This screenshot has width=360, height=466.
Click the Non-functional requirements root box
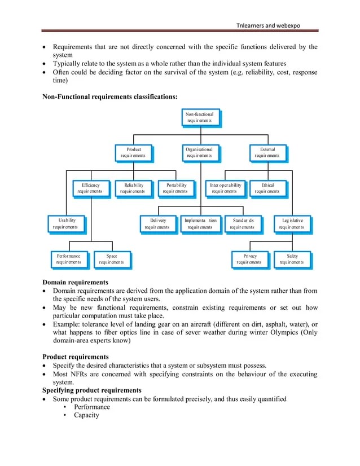[x=200, y=117]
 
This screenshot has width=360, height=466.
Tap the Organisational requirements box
[x=200, y=152]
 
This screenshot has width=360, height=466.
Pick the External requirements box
[x=267, y=152]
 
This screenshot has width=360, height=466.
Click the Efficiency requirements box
[x=90, y=188]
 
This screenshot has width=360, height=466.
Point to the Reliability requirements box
[x=133, y=188]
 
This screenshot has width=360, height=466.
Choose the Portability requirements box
[x=175, y=188]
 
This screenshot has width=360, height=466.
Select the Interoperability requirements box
[x=225, y=188]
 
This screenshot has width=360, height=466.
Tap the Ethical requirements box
[x=267, y=188]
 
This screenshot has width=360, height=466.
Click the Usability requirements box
[x=65, y=223]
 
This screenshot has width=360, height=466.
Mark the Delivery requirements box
[x=157, y=223]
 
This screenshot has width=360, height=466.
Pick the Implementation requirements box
[x=200, y=223]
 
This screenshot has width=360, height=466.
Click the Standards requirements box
[x=242, y=223]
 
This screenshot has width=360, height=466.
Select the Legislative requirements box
[x=291, y=223]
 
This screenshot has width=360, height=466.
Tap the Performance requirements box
[x=69, y=259]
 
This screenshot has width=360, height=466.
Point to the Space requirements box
[x=111, y=259]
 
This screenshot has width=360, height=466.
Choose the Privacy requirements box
[x=249, y=259]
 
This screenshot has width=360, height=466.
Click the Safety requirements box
[x=291, y=259]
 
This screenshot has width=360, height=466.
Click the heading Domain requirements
[x=76, y=282]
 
